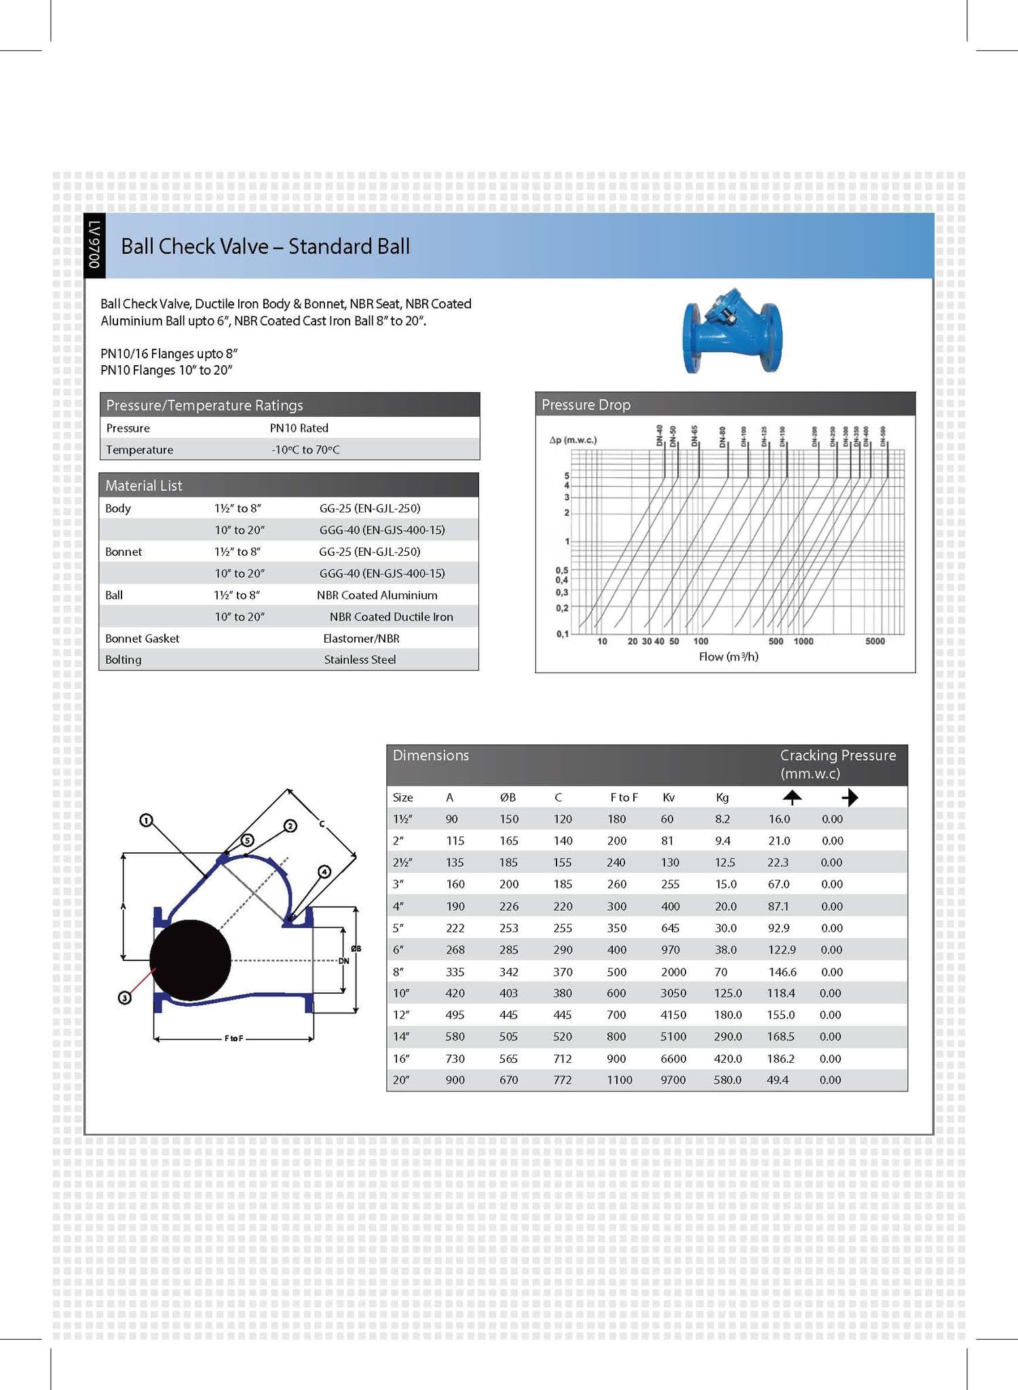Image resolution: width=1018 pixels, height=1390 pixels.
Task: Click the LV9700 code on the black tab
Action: [x=94, y=245]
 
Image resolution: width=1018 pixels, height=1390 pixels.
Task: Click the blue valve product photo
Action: [x=732, y=332]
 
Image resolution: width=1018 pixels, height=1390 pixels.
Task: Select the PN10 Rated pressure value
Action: [x=299, y=428]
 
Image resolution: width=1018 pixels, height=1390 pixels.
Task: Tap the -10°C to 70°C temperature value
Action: [x=305, y=450]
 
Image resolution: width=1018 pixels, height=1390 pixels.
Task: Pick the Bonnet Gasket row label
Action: [x=142, y=639]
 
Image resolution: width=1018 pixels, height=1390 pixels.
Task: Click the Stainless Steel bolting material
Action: [x=360, y=660]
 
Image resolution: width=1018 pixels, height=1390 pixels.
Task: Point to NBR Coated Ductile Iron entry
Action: [x=391, y=617]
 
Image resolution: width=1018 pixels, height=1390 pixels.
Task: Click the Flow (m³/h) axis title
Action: [x=728, y=657]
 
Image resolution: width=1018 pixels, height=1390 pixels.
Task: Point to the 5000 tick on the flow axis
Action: [x=874, y=641]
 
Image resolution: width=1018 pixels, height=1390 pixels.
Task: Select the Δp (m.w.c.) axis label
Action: [x=573, y=440]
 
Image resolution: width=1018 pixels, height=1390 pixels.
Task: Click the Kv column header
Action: [x=668, y=797]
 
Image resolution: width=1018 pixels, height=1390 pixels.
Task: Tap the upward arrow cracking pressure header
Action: [x=791, y=797]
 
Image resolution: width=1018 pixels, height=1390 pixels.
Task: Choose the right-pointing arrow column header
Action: [x=850, y=797]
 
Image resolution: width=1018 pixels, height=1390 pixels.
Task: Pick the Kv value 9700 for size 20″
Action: [x=673, y=1080]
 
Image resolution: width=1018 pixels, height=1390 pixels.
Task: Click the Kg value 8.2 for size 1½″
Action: [x=722, y=819]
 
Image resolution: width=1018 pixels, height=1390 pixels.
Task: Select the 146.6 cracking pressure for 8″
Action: [x=782, y=972]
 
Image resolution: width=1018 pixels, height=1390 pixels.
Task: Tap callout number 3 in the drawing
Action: [x=124, y=998]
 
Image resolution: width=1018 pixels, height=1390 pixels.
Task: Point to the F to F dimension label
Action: [x=233, y=1038]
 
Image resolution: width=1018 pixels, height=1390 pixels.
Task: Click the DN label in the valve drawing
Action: [x=344, y=961]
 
